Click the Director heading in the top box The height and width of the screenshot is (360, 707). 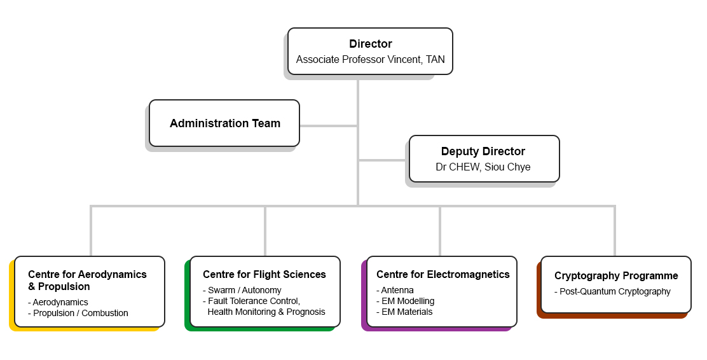click(x=370, y=44)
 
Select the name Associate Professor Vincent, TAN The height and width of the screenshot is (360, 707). click(x=370, y=60)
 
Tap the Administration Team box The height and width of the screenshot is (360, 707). click(x=224, y=123)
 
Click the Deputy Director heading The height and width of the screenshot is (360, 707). click(x=483, y=151)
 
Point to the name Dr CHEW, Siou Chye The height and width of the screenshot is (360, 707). click(x=483, y=167)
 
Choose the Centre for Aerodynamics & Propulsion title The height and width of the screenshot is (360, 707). click(x=87, y=280)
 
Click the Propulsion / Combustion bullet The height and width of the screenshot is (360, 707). click(x=81, y=313)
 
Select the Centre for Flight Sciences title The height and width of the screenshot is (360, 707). click(x=264, y=275)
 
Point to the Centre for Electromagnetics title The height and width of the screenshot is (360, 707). click(x=443, y=275)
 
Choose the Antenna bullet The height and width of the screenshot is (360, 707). click(x=397, y=290)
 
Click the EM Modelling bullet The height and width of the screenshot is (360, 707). click(x=408, y=301)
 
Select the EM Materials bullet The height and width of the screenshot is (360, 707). click(x=406, y=312)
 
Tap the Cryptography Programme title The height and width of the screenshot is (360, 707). click(x=616, y=276)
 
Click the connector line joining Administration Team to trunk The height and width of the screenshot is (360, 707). click(x=328, y=126)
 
